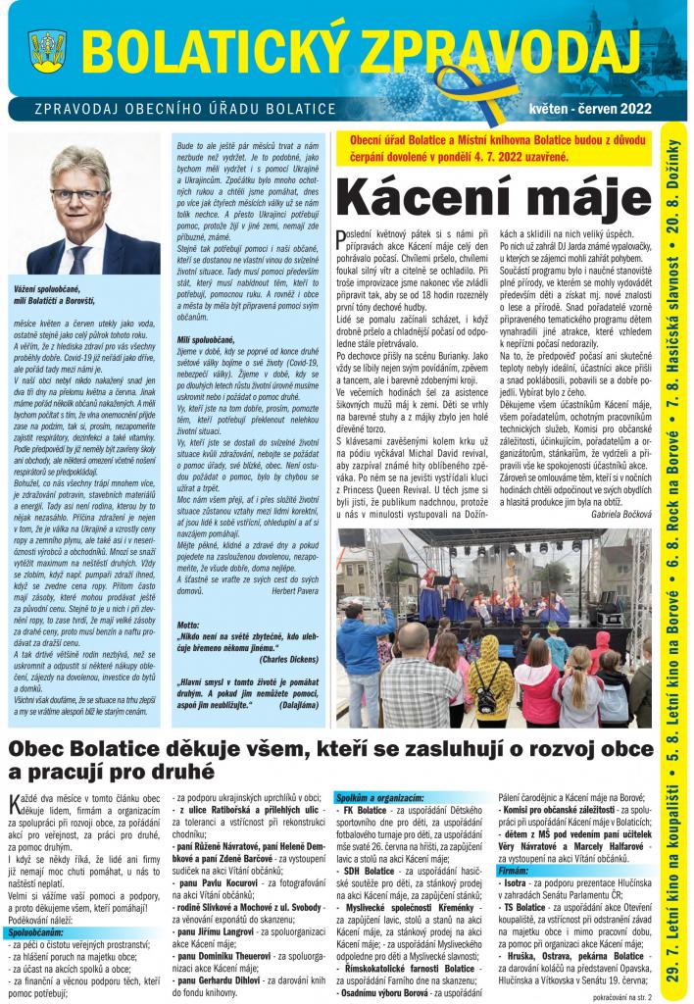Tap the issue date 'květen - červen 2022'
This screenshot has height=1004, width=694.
tap(587, 109)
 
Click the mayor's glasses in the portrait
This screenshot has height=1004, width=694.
tap(79, 194)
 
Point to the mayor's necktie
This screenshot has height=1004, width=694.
tap(79, 258)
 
